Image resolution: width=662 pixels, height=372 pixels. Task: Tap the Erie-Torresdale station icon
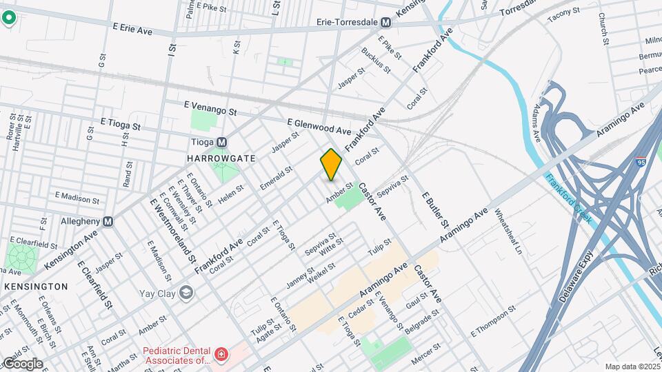pos(386,22)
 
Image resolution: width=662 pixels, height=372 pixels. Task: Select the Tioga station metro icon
pos(221,143)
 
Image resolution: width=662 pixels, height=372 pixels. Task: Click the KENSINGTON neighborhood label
pos(36,286)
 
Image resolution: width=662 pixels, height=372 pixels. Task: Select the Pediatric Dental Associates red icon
pos(221,355)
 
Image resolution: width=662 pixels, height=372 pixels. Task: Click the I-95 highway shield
pos(640,163)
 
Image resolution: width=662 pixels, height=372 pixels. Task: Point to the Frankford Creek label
pos(569,198)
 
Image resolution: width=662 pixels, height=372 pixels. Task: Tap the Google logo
pos(22,364)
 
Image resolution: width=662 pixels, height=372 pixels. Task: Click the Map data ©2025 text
pos(633,366)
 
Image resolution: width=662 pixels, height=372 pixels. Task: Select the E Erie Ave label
pos(132,30)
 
